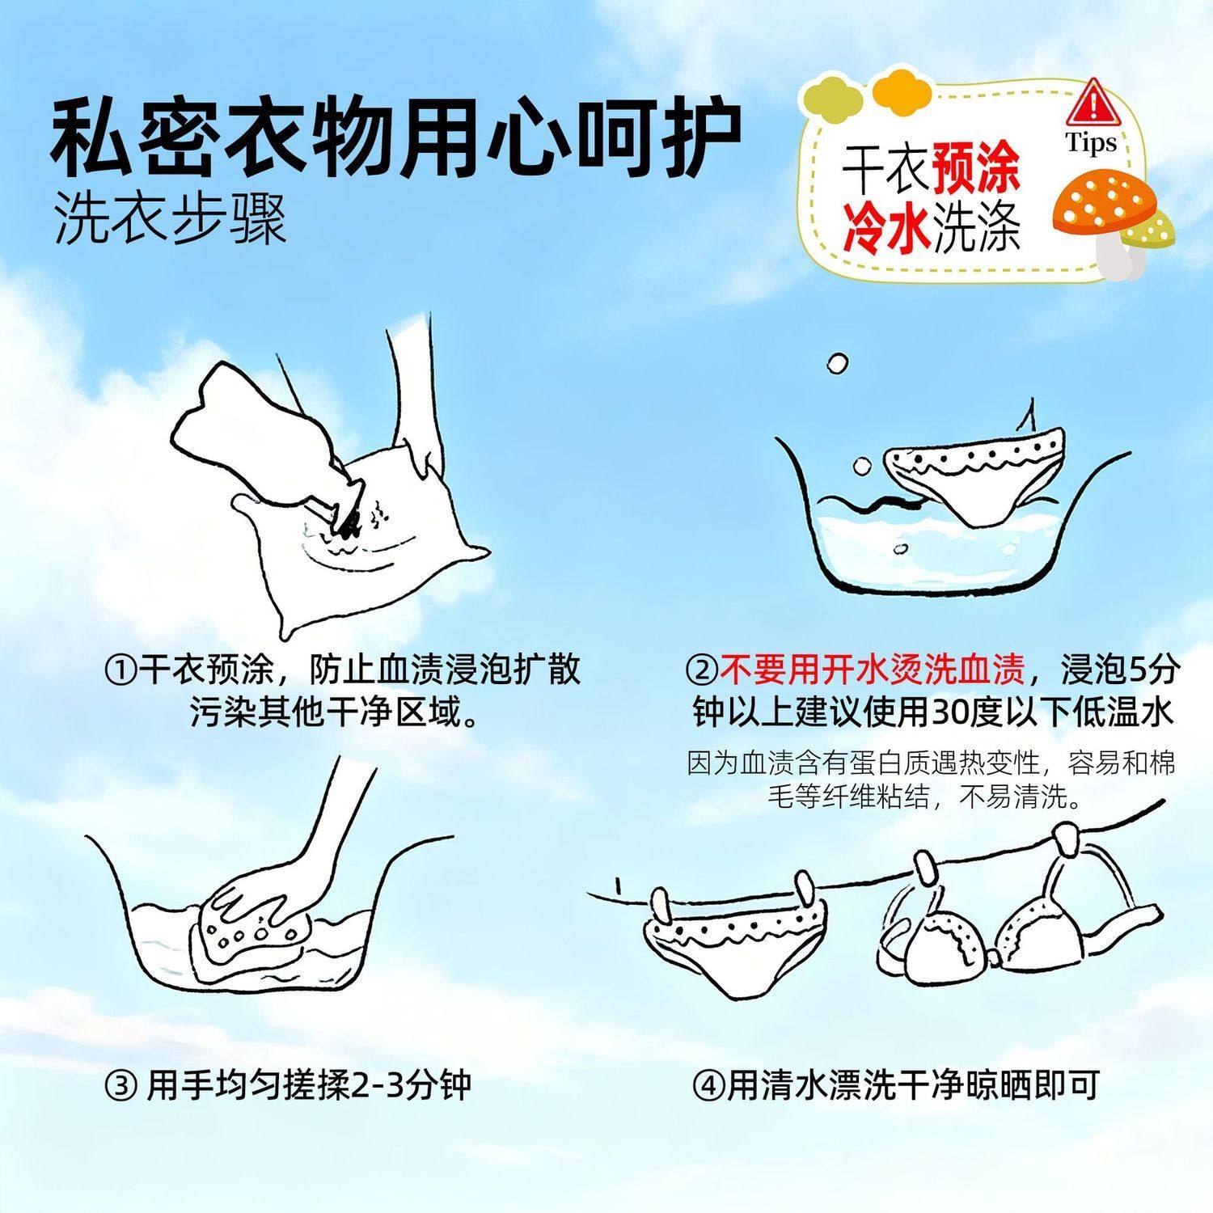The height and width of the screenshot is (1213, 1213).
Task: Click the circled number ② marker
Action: coord(701,670)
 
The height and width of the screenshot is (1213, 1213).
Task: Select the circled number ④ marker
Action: coord(708,1084)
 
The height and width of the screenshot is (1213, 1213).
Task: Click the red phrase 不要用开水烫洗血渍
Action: coord(873,670)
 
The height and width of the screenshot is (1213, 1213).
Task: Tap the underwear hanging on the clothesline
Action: coord(738,938)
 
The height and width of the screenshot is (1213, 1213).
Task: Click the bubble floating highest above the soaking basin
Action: coord(838,364)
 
